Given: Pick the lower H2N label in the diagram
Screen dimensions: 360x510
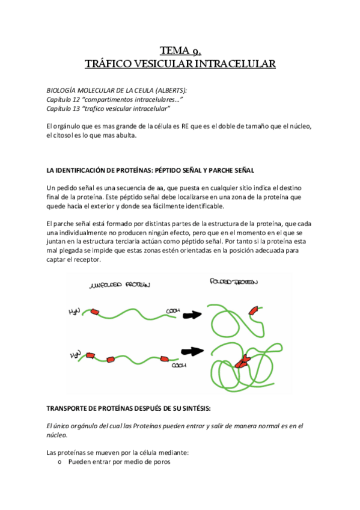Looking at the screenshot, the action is click(x=75, y=355).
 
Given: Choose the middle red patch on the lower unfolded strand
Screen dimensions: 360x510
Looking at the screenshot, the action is click(x=112, y=359).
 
